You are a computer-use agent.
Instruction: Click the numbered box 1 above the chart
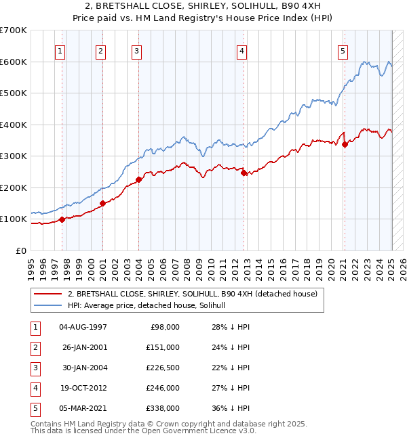(x=61, y=50)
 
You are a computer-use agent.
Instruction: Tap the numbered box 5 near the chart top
(x=343, y=50)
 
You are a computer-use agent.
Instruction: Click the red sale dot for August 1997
(x=62, y=219)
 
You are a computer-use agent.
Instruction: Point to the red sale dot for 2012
(x=244, y=173)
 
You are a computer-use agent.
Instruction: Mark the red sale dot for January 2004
(x=138, y=179)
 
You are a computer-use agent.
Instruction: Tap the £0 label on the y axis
(x=20, y=250)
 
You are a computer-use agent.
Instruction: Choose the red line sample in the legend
(x=48, y=294)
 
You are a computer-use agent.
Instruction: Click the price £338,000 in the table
(x=163, y=408)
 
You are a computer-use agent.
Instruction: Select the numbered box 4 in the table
(x=35, y=388)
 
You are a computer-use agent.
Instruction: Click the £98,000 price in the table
(x=166, y=327)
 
